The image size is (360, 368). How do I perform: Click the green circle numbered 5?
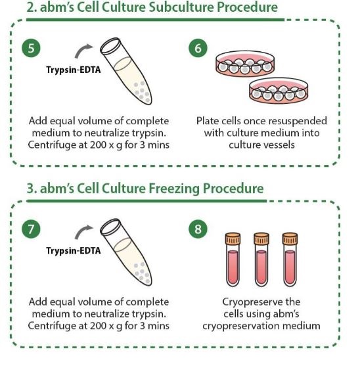[x=31, y=48]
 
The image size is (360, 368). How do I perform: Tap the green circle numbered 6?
[x=198, y=48]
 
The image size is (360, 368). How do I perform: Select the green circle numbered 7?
[x=31, y=229]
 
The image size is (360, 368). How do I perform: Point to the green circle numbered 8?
[x=198, y=229]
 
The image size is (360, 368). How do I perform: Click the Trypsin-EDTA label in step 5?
[x=74, y=70]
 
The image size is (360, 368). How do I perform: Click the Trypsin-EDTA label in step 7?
[x=74, y=250]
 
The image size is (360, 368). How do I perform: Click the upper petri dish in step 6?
[x=245, y=64]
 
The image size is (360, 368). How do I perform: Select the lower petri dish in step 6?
[x=279, y=91]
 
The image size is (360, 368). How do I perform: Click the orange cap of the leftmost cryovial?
[x=233, y=239]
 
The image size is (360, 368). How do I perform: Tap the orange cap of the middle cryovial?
[x=261, y=239]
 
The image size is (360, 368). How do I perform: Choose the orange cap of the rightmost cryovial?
[x=290, y=239]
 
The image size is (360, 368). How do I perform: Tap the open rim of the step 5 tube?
[x=110, y=45]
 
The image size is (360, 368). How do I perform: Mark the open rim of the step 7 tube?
[x=110, y=227]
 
